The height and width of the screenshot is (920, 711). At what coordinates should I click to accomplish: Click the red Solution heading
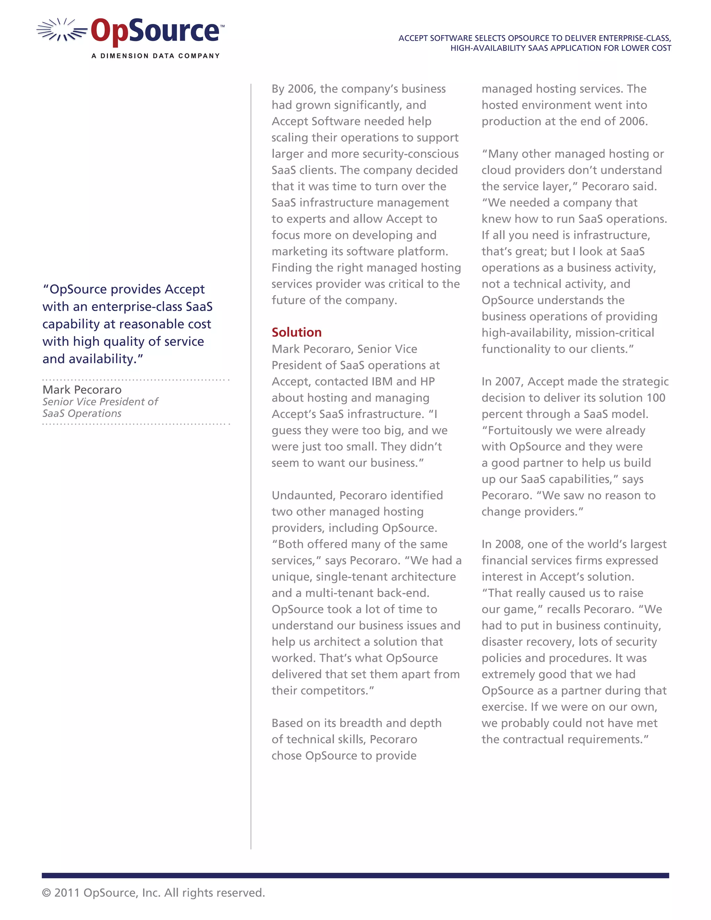pyautogui.click(x=296, y=332)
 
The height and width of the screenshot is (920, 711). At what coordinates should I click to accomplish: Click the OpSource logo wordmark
pyautogui.click(x=155, y=31)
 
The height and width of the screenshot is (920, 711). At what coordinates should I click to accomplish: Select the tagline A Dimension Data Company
pyautogui.click(x=156, y=56)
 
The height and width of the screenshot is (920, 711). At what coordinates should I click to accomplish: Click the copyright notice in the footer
pyautogui.click(x=153, y=893)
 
